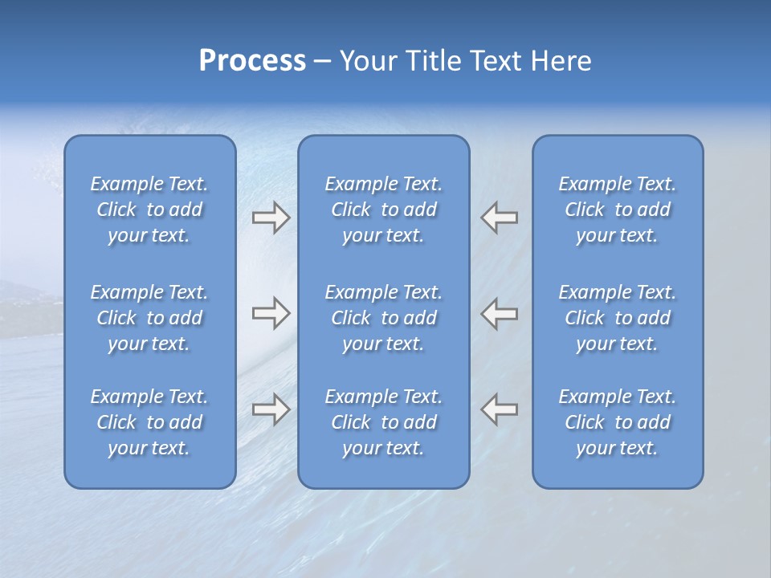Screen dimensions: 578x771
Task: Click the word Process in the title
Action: (252, 61)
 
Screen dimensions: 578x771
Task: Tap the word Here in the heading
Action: (560, 61)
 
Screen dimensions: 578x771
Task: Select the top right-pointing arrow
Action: (271, 218)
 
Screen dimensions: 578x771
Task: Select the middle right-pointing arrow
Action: (271, 314)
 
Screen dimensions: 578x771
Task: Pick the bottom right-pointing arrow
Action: (271, 409)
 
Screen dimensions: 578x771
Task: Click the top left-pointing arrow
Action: (500, 218)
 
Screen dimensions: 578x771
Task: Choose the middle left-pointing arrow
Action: (500, 314)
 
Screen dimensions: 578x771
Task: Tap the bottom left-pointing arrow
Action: (500, 409)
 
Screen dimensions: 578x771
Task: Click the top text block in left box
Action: (149, 210)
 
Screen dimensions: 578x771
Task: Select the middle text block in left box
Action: (149, 318)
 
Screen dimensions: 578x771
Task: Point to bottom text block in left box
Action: (149, 422)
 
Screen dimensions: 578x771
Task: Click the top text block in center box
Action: (384, 210)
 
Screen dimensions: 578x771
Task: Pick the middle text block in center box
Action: (384, 318)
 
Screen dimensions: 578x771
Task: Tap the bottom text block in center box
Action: (384, 422)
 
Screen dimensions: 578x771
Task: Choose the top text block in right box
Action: (618, 210)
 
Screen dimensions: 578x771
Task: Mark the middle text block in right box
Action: (618, 318)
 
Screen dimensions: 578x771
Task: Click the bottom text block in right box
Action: (618, 422)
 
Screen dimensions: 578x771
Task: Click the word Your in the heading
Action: (365, 61)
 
